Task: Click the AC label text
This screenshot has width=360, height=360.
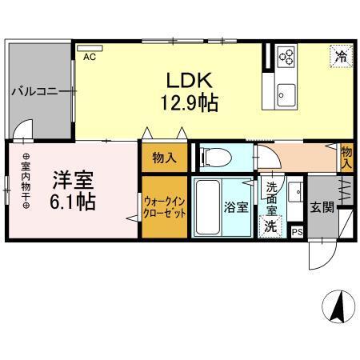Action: [90, 58]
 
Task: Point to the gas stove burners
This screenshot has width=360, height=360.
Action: [286, 55]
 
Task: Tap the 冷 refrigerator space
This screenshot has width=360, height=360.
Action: [340, 57]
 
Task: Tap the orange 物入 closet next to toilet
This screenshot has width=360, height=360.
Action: [165, 158]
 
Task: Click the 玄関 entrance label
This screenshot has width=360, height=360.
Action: [323, 206]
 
